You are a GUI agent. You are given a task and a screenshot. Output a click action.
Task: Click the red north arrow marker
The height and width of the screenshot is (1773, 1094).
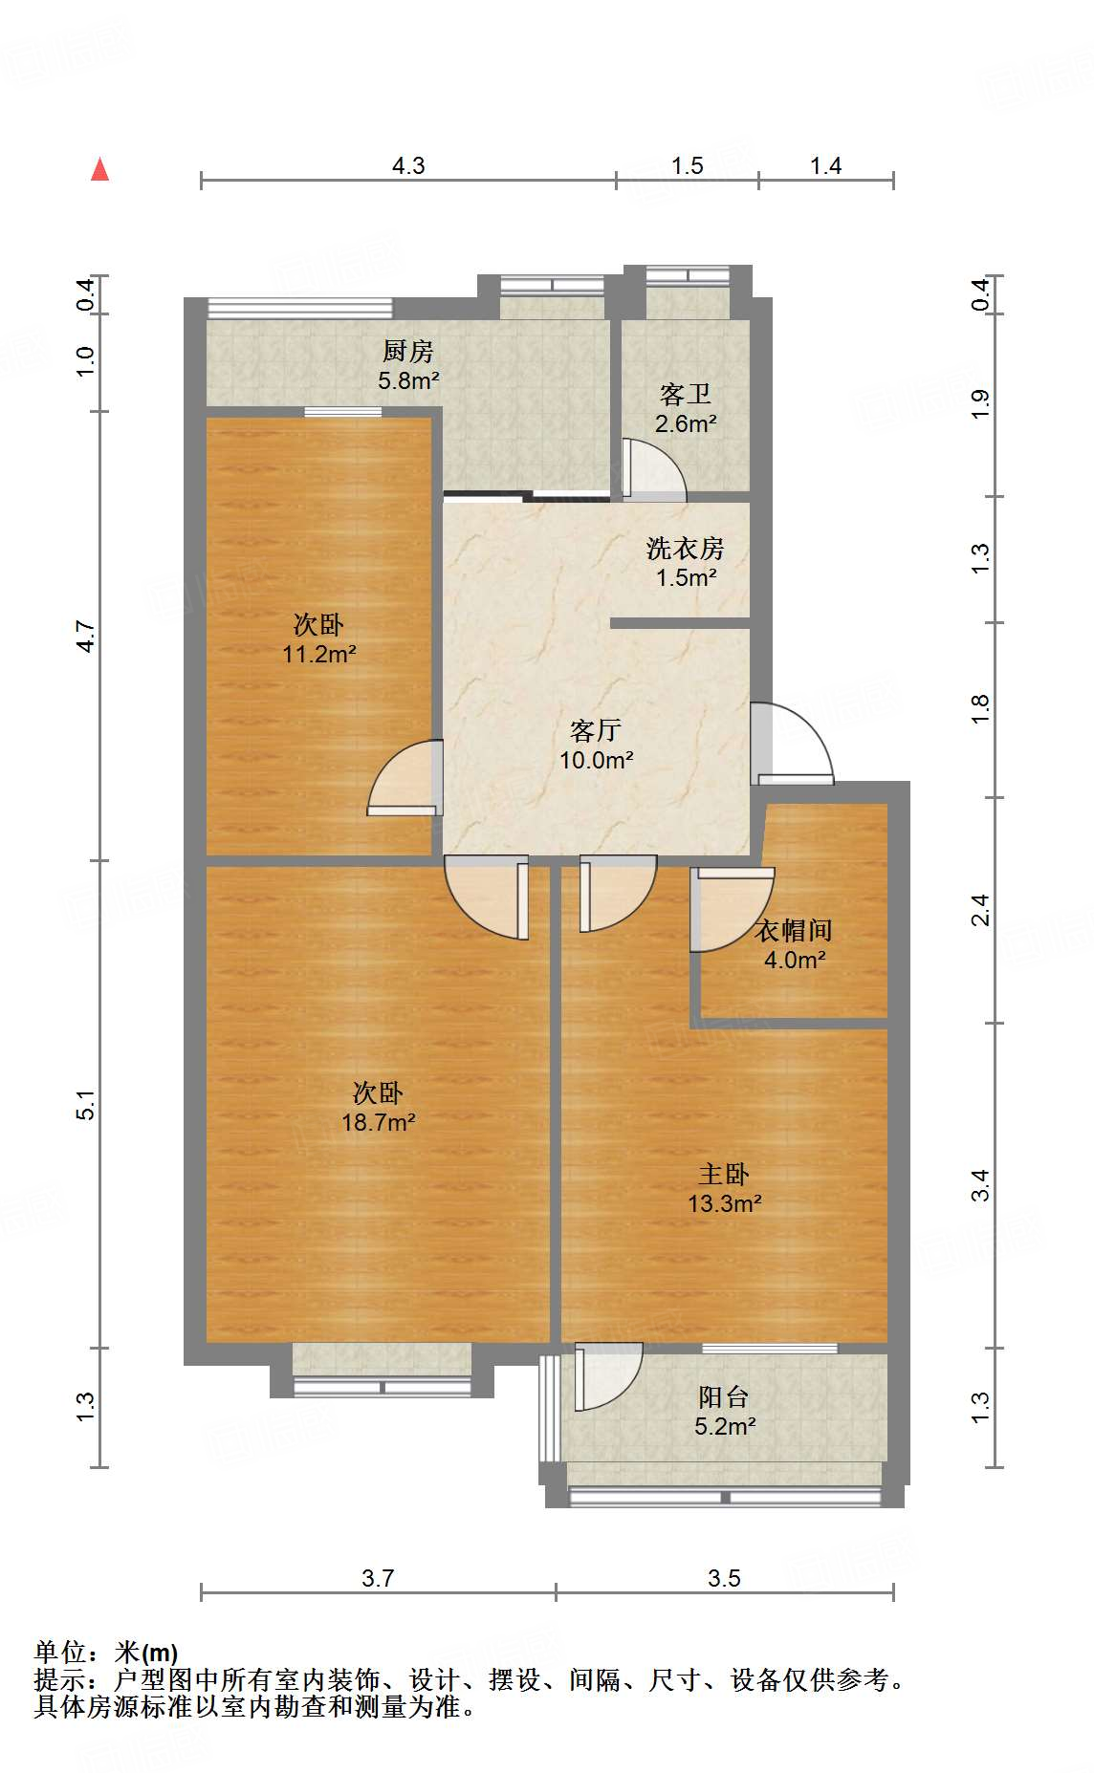pos(99,169)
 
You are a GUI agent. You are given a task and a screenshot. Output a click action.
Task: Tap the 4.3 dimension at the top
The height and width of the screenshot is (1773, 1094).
pos(408,166)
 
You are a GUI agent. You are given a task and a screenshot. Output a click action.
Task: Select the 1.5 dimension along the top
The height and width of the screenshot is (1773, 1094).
pos(687,166)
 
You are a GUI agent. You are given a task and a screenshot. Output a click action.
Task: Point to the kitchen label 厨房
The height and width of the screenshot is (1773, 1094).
pos(408,352)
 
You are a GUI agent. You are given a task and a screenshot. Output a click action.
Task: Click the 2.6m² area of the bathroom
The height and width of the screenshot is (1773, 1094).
pos(686,423)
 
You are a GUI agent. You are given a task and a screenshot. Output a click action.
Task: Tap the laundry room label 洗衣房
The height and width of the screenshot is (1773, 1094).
pos(686,549)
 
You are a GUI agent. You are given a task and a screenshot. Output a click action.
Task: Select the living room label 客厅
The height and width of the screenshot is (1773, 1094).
pos(596,731)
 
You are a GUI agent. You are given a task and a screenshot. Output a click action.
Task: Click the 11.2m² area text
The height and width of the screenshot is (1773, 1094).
pos(319,655)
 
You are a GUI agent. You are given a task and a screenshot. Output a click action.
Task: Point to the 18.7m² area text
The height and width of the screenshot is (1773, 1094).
pos(379,1122)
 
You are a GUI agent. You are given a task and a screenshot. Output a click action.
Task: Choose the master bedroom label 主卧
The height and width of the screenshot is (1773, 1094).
pos(723,1175)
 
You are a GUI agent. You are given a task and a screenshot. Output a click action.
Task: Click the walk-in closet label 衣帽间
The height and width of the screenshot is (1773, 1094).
pos(794,930)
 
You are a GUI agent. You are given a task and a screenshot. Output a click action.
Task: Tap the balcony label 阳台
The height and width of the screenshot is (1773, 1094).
pos(723,1397)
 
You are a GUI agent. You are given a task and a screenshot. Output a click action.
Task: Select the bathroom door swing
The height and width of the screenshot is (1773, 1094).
pos(653,469)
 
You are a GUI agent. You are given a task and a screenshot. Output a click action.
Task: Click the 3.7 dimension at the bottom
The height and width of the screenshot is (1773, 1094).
pos(378,1578)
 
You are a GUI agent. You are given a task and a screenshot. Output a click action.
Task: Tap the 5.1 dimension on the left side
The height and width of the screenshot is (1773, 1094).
pos(86,1104)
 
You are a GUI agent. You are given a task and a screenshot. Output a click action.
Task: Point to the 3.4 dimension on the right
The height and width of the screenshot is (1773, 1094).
pos(980,1185)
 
